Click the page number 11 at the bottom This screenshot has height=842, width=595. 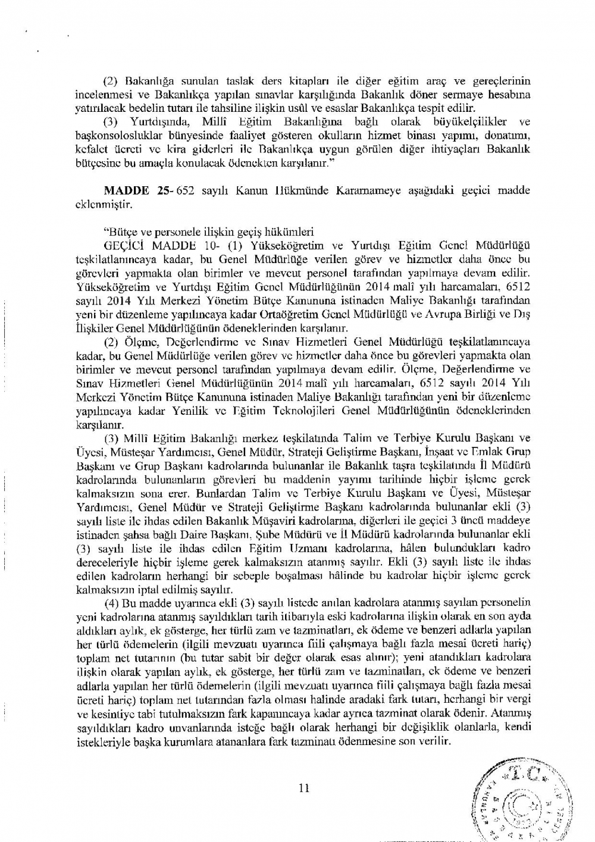tap(303, 788)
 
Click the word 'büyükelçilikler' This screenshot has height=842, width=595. tap(465, 122)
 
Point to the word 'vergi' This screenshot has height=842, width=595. tap(519, 699)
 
